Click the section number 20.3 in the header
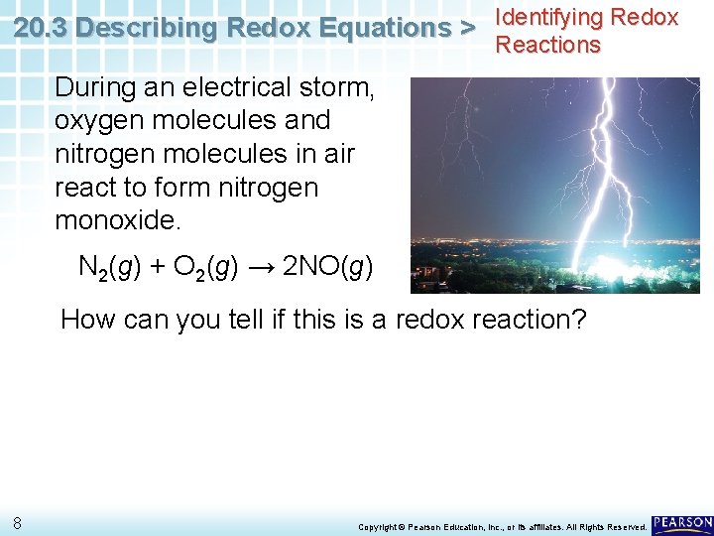click(42, 29)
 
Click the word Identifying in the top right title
click(548, 17)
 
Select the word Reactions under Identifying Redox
click(548, 45)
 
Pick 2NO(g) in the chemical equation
click(328, 268)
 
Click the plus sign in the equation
click(158, 268)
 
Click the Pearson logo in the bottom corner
click(682, 522)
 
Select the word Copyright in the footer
click(378, 526)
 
